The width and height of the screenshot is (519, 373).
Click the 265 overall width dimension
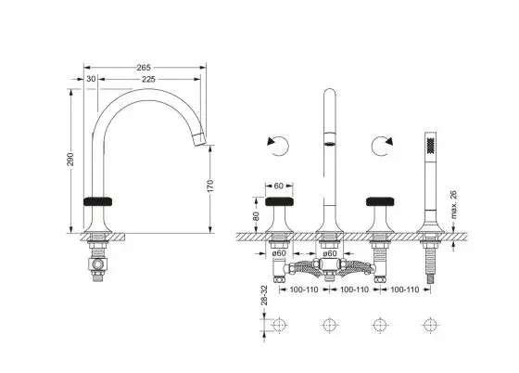point(144,68)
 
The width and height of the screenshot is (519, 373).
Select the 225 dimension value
point(148,80)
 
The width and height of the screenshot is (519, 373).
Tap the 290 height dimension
point(70,160)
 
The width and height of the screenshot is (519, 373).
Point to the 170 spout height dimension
point(210,186)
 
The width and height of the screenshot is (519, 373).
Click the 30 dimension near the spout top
point(91,79)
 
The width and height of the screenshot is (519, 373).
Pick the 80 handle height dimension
point(256,216)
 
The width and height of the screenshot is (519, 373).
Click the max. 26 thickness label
point(453,205)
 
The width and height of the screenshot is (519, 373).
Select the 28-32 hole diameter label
point(264,295)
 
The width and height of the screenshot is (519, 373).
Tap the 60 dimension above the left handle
point(279,186)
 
